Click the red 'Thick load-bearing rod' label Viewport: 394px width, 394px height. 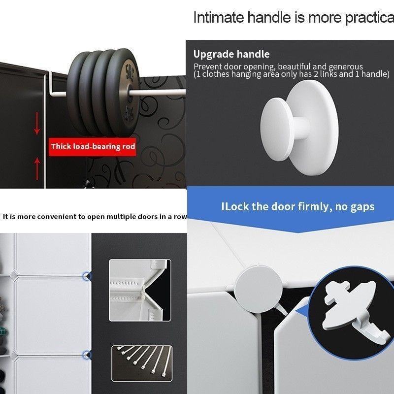tap(92, 147)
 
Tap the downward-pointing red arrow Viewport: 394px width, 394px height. tap(37, 123)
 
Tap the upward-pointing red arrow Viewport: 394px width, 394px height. tap(37, 168)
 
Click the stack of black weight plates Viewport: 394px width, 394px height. tap(103, 93)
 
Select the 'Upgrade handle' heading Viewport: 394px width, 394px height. tap(231, 54)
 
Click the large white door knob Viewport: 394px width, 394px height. tap(299, 128)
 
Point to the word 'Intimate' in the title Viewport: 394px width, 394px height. tap(219, 18)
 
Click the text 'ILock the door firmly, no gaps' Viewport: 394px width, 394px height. tap(298, 206)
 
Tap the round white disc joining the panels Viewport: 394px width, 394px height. tap(259, 289)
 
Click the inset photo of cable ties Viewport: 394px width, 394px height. tap(142, 363)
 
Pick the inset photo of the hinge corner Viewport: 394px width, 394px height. tap(140, 290)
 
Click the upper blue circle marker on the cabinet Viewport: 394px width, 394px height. tap(87, 276)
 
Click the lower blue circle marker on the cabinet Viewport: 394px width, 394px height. tap(87, 355)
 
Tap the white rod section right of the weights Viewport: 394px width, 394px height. tap(158, 92)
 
